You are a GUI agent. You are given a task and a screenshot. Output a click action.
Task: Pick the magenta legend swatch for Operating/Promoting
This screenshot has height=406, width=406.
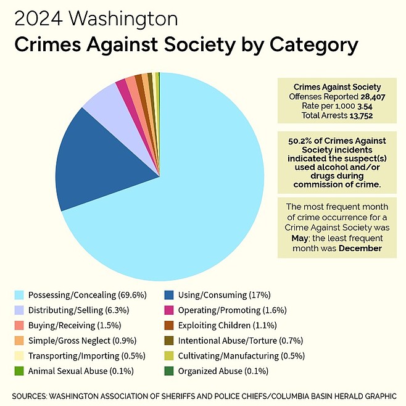coord(168,310)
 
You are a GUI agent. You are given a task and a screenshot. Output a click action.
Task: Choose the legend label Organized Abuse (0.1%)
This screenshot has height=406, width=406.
coord(213,371)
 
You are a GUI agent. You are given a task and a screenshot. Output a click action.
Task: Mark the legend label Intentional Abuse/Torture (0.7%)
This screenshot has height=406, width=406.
coord(233,340)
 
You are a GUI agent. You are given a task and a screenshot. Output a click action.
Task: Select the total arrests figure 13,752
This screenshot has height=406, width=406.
coord(361,115)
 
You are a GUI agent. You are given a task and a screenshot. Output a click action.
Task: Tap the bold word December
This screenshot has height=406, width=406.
coord(360,248)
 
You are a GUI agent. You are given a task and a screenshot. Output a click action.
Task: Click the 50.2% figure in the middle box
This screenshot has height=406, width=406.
coord(299,141)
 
